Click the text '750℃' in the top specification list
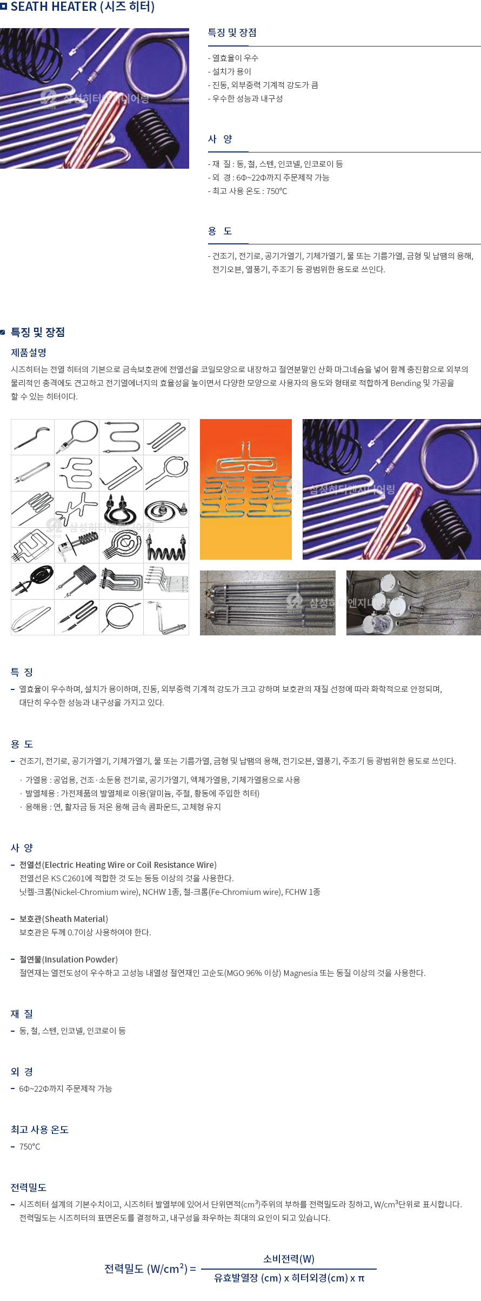click(x=277, y=191)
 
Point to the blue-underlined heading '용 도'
click(x=220, y=231)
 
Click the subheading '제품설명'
click(x=29, y=353)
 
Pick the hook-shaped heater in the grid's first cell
click(x=32, y=437)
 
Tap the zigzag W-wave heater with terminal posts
click(x=166, y=546)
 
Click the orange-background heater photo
click(x=246, y=489)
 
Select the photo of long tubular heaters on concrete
click(x=268, y=602)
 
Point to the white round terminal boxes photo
click(x=413, y=602)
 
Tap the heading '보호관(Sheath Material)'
click(x=64, y=919)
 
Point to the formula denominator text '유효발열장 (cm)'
click(x=248, y=1278)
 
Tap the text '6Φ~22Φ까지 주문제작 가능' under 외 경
click(x=65, y=1088)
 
